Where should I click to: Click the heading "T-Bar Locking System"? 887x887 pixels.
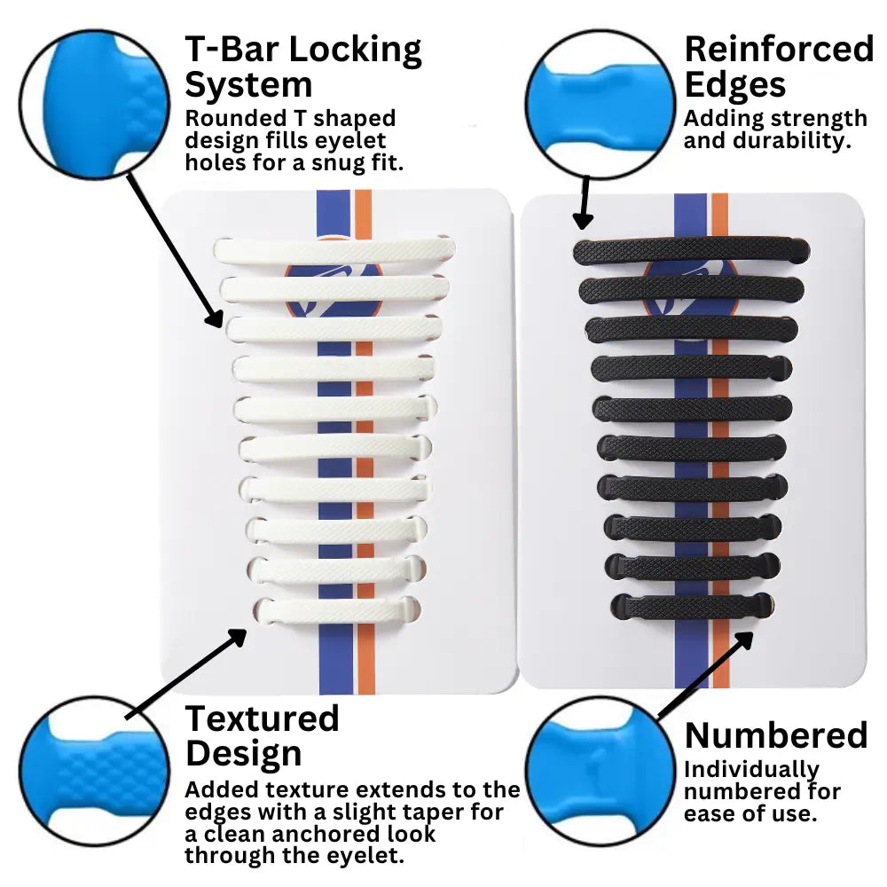click(x=302, y=67)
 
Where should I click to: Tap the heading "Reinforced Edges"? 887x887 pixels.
click(x=779, y=67)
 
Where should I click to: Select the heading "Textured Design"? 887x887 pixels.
click(x=263, y=735)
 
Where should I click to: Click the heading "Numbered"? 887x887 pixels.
click(x=776, y=735)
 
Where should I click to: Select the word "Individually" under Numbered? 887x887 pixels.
click(x=751, y=769)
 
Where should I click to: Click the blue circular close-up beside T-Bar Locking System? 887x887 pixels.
click(x=95, y=102)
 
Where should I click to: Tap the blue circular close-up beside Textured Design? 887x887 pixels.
click(x=95, y=770)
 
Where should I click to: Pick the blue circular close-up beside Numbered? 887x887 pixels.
click(x=600, y=768)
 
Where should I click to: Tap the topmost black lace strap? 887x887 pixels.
click(x=690, y=250)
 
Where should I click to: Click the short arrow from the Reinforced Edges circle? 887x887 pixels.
click(x=584, y=202)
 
